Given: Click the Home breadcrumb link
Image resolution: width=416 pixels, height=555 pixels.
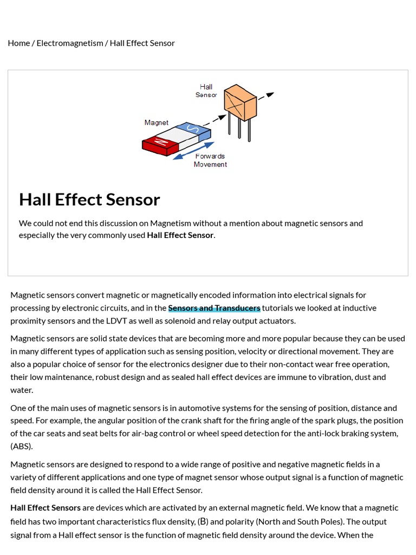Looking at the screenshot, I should (x=19, y=43).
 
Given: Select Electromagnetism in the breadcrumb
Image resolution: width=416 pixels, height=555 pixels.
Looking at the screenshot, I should (x=69, y=43).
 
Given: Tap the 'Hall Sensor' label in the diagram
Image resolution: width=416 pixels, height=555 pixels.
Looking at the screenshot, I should (x=206, y=91).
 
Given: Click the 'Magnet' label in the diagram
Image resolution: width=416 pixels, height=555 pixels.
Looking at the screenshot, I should (x=156, y=122).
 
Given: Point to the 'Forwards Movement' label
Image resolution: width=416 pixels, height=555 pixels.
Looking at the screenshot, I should (x=210, y=160).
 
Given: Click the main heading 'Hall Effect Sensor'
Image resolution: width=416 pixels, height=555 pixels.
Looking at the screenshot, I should (x=89, y=199).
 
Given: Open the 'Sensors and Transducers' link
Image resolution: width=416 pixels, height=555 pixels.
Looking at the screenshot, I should (x=214, y=308).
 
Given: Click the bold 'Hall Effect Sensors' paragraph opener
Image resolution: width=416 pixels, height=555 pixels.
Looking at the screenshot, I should (x=45, y=508).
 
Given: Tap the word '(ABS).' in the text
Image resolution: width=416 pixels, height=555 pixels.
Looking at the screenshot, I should (x=22, y=446).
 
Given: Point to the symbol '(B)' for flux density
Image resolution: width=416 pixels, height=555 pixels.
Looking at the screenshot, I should (x=203, y=521).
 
